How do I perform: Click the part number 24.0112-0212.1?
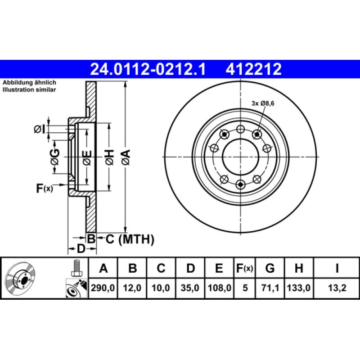148,69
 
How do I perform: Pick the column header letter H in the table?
298,269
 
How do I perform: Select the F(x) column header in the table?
245,269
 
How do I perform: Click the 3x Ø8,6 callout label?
263,103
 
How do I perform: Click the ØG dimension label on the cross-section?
54,157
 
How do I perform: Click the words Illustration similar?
29,90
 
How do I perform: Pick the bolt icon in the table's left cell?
76,269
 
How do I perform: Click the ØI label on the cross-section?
40,130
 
